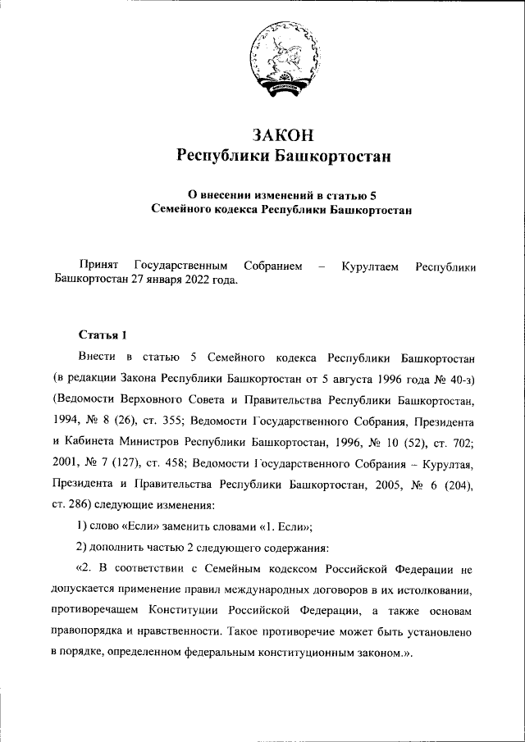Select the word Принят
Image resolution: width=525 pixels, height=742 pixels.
(x=99, y=266)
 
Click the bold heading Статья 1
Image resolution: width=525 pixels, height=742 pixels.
(x=103, y=335)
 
